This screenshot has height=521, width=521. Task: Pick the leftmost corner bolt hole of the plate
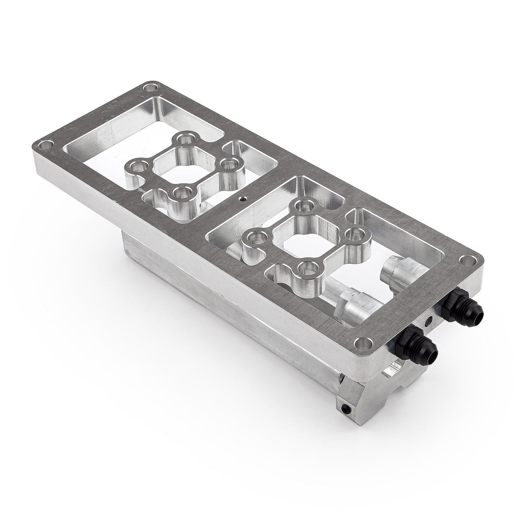point(45,146)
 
